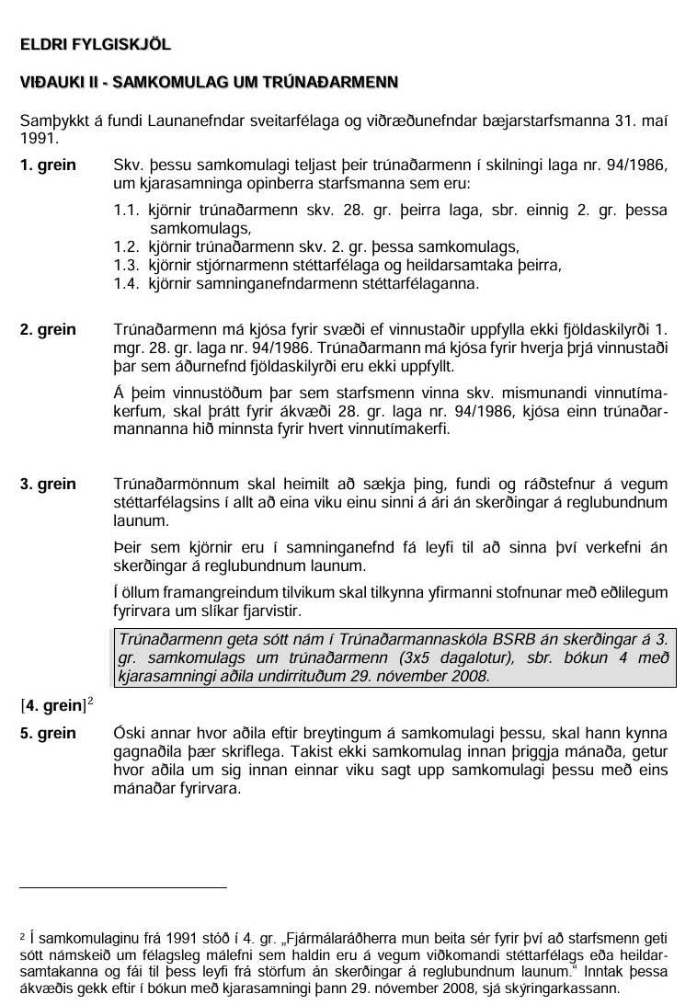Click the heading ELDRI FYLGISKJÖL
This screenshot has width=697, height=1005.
96,43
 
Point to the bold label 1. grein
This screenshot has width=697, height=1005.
48,166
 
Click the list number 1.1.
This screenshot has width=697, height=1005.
126,211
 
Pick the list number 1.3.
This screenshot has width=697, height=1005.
126,266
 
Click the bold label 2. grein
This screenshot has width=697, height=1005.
48,329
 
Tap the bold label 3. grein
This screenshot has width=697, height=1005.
48,483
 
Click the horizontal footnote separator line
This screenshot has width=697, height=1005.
123,887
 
